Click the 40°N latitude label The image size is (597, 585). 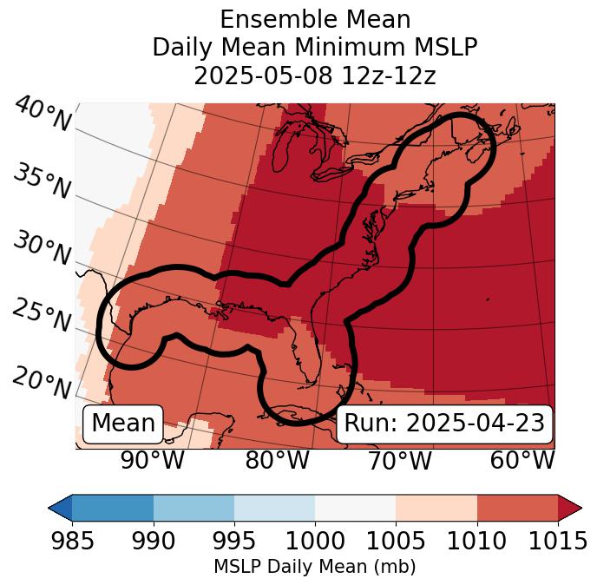coord(43,115)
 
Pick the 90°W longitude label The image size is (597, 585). coord(153,461)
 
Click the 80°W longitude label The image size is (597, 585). coord(278,461)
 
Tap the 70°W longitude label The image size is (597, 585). coord(400,461)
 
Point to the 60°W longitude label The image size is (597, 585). coord(522,461)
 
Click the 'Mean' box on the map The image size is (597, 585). coord(123,424)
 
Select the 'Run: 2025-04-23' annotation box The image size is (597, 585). coord(444,424)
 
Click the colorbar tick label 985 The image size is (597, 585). coord(72,542)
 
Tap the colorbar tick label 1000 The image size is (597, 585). coord(315,542)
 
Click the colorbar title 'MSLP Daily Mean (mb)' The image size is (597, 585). coord(314,567)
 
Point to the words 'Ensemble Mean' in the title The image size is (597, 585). coord(314,19)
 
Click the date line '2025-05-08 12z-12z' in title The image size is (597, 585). coord(314,76)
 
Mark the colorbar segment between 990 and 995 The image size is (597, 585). coord(194,508)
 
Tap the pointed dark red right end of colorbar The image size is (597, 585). coord(570,508)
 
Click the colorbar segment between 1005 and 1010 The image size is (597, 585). coord(436,508)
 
